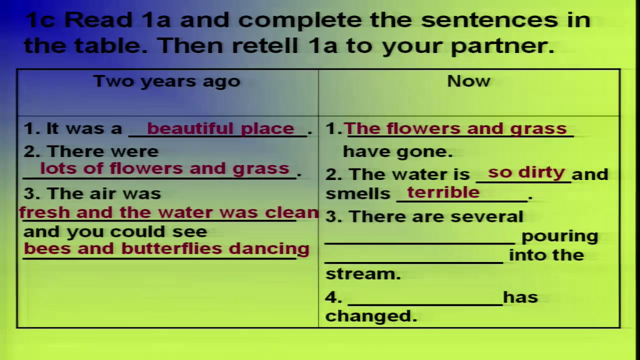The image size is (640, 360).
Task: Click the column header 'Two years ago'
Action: (x=167, y=81)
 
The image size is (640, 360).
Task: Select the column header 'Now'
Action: (x=468, y=81)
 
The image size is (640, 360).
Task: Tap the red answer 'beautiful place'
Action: (x=220, y=129)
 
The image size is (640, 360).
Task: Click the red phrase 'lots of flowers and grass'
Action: (x=165, y=168)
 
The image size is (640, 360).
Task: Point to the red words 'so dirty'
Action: (x=526, y=172)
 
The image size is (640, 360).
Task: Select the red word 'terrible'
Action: (x=443, y=192)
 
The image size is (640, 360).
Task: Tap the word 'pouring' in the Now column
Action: (x=559, y=237)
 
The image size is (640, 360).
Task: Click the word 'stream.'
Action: (x=363, y=273)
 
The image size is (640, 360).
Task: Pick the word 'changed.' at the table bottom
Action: (x=371, y=316)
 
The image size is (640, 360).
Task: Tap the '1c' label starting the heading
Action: (x=39, y=20)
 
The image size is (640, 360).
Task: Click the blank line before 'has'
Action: (x=425, y=305)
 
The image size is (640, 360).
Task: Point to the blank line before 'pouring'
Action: (x=420, y=243)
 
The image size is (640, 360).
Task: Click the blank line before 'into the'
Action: (x=414, y=262)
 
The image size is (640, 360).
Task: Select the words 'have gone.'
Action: (x=397, y=151)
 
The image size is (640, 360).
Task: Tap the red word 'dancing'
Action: (x=269, y=249)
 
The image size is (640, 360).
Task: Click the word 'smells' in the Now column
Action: (x=357, y=193)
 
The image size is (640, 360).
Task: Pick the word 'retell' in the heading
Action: (x=265, y=46)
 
